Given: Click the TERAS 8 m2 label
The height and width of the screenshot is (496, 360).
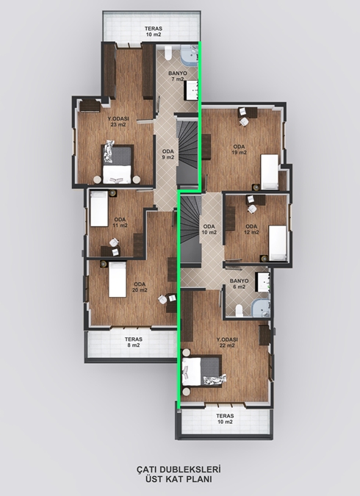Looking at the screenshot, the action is [134, 342].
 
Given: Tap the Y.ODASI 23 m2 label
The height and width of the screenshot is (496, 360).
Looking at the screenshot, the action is [118, 121].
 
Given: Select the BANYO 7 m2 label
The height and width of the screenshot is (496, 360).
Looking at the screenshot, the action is [178, 76].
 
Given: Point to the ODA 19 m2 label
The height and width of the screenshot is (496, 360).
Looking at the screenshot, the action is [240, 149].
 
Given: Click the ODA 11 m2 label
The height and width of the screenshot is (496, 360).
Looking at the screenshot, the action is [120, 223].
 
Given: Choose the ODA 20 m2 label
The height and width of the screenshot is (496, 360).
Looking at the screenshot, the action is [140, 287].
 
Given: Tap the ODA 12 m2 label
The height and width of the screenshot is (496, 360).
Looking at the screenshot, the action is [251, 229].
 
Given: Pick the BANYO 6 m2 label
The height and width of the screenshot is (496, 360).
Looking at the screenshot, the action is [240, 284].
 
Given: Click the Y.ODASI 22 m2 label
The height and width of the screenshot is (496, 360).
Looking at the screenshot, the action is [227, 342].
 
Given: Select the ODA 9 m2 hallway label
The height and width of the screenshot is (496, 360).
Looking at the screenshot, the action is [168, 154].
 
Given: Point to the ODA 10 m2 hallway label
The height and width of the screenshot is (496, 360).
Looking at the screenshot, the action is [209, 229].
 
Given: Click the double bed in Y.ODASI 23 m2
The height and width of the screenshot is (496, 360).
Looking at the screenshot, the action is [117, 164].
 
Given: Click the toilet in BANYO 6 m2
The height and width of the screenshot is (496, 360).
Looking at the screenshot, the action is [240, 311].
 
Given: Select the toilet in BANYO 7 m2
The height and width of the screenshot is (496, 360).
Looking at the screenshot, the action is [168, 53].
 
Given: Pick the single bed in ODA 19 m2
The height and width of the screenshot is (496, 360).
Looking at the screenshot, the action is [270, 172].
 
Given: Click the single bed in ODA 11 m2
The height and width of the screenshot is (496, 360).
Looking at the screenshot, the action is [99, 209].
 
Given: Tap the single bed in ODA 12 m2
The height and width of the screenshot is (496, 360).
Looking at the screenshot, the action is [278, 243].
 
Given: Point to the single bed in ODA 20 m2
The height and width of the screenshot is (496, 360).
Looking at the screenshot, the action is [118, 279].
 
